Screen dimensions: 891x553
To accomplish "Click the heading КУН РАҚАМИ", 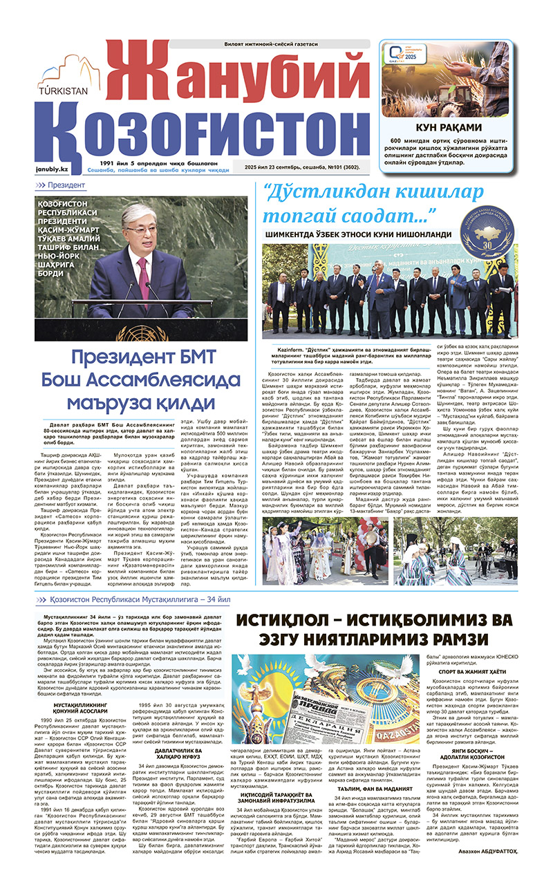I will point(449,126).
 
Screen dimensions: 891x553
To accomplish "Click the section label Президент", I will point(66,185).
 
